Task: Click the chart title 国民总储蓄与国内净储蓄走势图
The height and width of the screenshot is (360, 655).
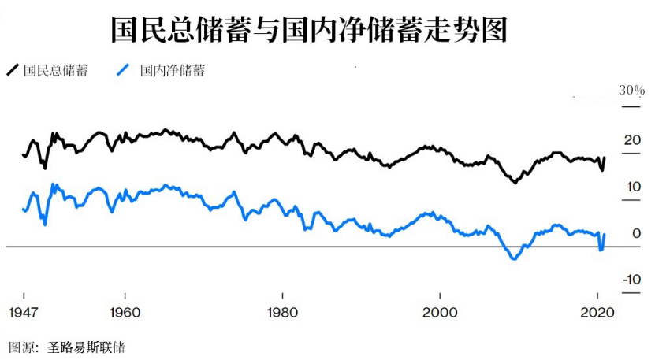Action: coord(308,31)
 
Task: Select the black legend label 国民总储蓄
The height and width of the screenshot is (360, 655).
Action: coord(55,71)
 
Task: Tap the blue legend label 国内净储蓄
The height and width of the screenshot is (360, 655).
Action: coord(172,71)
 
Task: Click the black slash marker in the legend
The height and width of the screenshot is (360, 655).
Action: coord(13,71)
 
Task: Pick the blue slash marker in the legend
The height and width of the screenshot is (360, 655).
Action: coord(123,71)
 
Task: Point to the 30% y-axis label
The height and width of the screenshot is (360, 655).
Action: coord(631,91)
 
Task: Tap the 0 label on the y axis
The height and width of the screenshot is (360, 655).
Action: coord(635,233)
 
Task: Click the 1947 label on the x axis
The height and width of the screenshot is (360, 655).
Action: coord(23,312)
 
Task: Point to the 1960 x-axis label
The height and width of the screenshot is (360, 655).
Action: coord(126,312)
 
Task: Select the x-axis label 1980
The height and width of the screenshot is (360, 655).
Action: coord(283,312)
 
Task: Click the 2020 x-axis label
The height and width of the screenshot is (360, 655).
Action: coord(597,312)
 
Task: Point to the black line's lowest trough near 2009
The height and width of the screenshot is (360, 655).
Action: coord(515,183)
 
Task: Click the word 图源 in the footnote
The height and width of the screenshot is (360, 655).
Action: coord(21,347)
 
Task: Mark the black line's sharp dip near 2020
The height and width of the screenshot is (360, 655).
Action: coord(602,170)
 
